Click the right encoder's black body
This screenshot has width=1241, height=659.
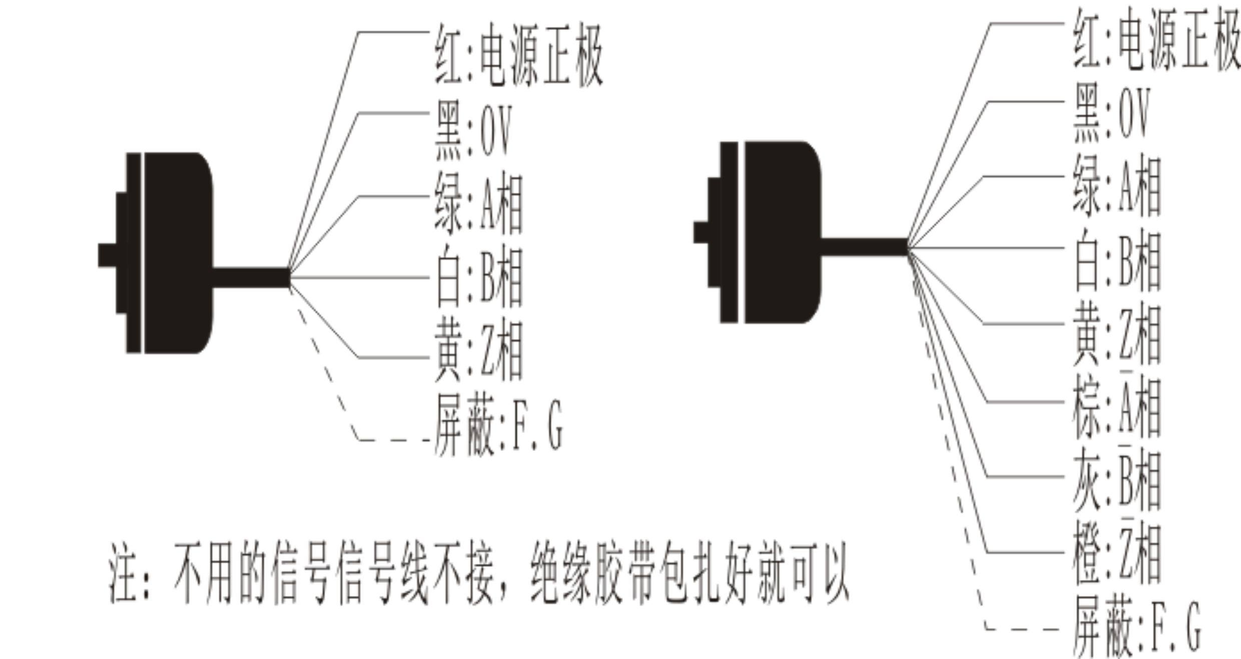[x=781, y=232]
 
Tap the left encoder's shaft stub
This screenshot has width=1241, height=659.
[x=107, y=255]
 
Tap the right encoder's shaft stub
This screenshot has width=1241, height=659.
[x=701, y=232]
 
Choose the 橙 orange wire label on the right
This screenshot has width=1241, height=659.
[x=1116, y=556]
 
